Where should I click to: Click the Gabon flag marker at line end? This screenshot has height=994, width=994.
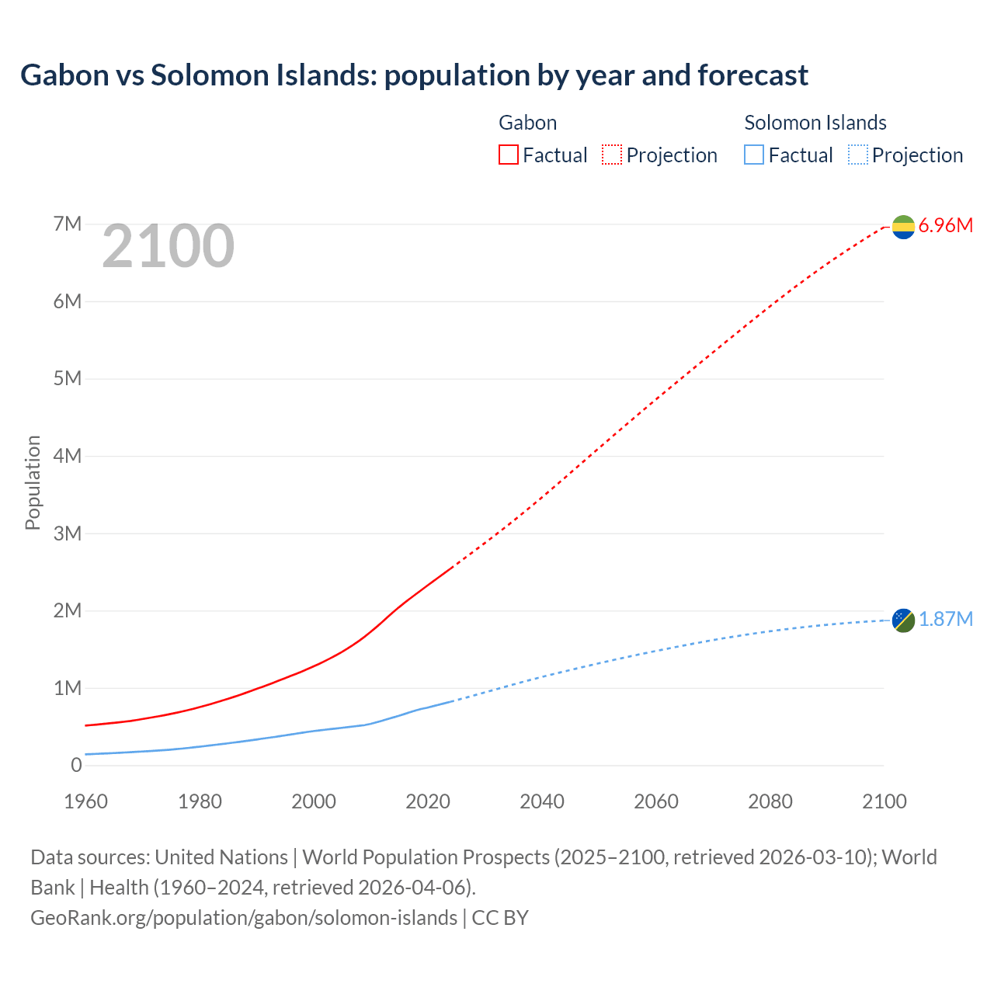pos(903,227)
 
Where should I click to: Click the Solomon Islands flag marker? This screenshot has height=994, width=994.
pos(903,620)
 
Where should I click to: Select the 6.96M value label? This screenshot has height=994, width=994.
pos(945,226)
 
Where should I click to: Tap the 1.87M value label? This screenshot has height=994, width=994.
pos(945,619)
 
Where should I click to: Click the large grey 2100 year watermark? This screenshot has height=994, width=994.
pos(168,246)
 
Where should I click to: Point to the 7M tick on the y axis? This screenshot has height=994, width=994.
pos(68,224)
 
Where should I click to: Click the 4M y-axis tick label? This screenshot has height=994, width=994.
pos(68,456)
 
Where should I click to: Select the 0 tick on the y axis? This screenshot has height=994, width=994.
pos(76,765)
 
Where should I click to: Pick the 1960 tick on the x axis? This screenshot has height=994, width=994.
pos(85,801)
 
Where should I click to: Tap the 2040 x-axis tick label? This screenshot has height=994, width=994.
pos(542,801)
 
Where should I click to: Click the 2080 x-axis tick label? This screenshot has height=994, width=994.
pos(770,801)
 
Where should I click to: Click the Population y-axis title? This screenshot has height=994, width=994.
pos(33,482)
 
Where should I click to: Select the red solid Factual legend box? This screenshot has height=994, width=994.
pos(508,155)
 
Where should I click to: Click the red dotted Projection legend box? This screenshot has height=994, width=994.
pos(612,155)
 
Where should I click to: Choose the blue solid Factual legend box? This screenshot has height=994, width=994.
pos(754,155)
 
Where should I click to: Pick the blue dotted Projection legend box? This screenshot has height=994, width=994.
pos(858,155)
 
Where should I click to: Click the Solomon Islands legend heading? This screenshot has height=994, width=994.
pos(815,123)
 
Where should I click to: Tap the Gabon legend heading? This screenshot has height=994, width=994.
pos(527,123)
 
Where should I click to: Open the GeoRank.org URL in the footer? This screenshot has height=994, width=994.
pos(244,918)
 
